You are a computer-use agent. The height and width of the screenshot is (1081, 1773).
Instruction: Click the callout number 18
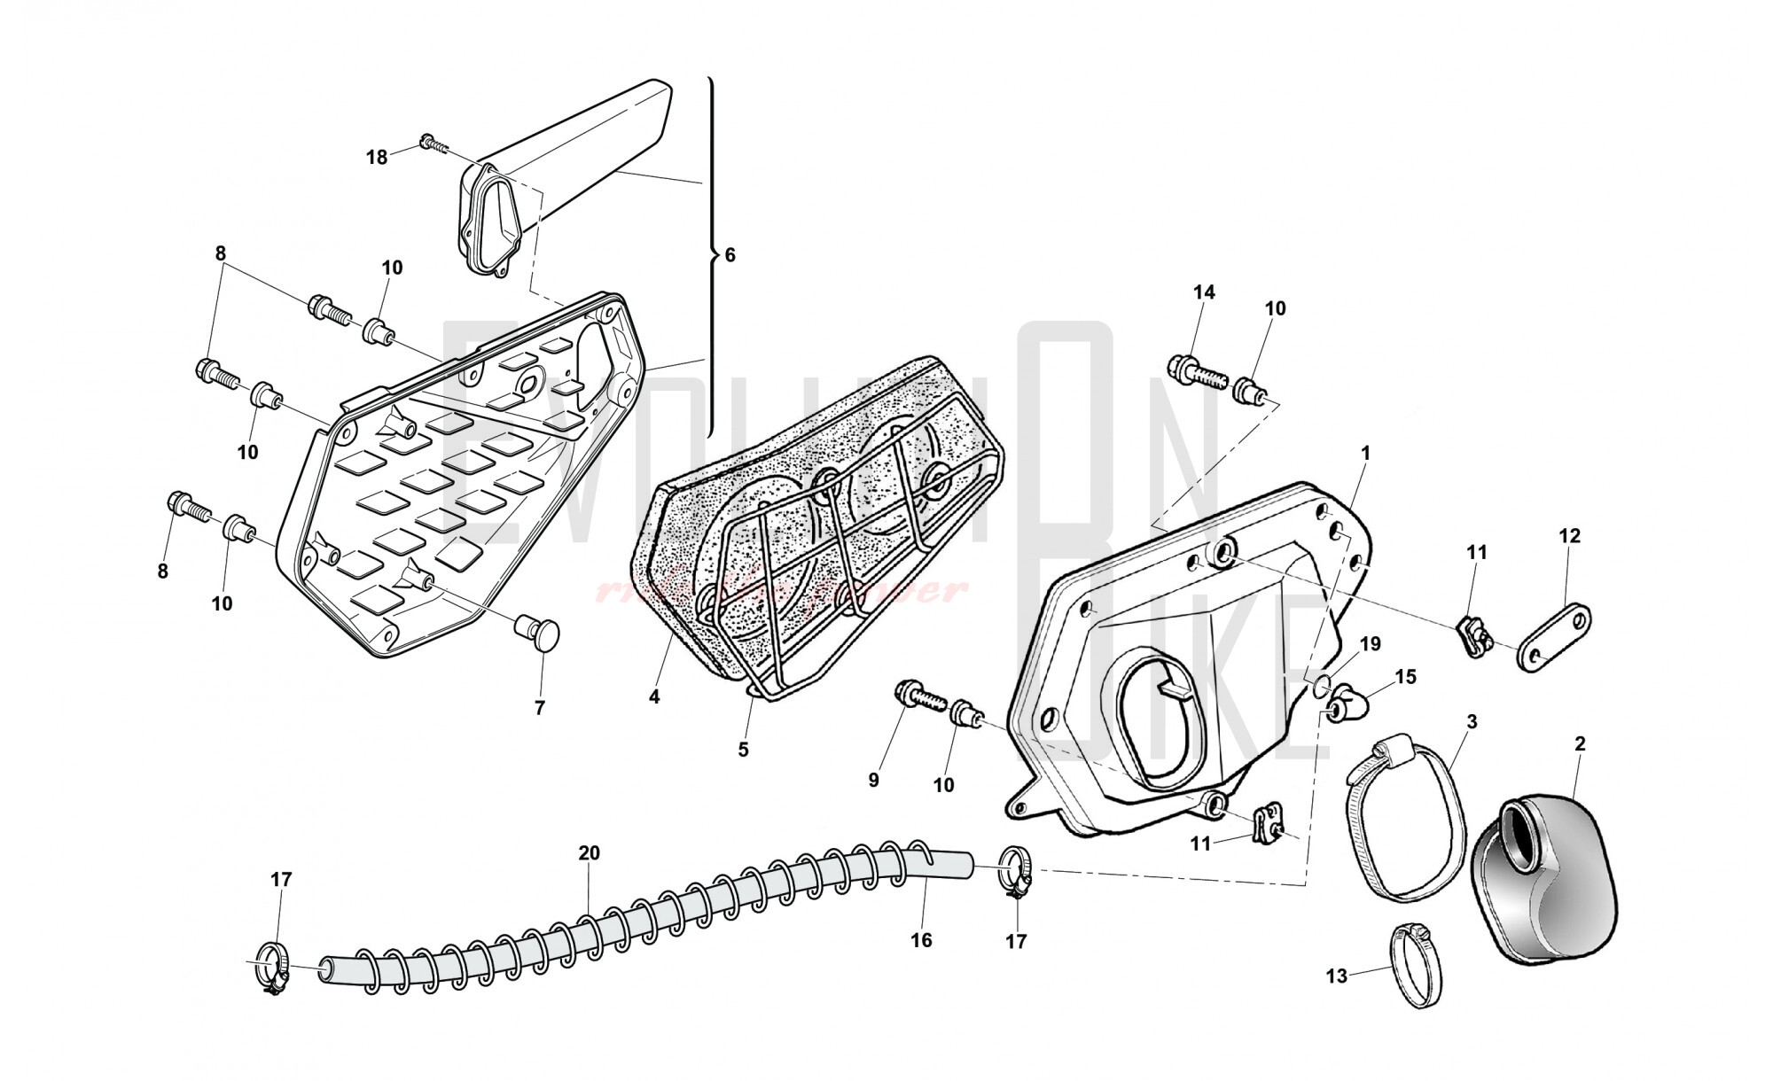pos(377,158)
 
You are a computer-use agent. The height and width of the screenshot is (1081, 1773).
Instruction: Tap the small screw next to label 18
pos(432,143)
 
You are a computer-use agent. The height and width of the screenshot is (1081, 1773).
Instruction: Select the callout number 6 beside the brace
pos(730,255)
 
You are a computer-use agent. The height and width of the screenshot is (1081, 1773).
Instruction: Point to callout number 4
pos(654,697)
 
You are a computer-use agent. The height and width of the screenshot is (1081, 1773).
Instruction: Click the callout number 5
pos(743,750)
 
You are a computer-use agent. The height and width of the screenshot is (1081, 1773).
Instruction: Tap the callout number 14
pos(1204,292)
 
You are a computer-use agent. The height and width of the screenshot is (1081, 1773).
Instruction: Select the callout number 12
pos(1569,536)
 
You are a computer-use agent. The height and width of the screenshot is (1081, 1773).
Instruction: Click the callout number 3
pos(1471,722)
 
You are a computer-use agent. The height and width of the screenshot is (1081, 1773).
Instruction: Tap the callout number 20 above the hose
pos(589,853)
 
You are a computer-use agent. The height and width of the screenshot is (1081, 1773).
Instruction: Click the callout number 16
pos(921,940)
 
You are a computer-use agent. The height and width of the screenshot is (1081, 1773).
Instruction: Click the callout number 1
pos(1365,454)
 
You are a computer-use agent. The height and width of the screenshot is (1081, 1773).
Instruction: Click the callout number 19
pos(1370,644)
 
